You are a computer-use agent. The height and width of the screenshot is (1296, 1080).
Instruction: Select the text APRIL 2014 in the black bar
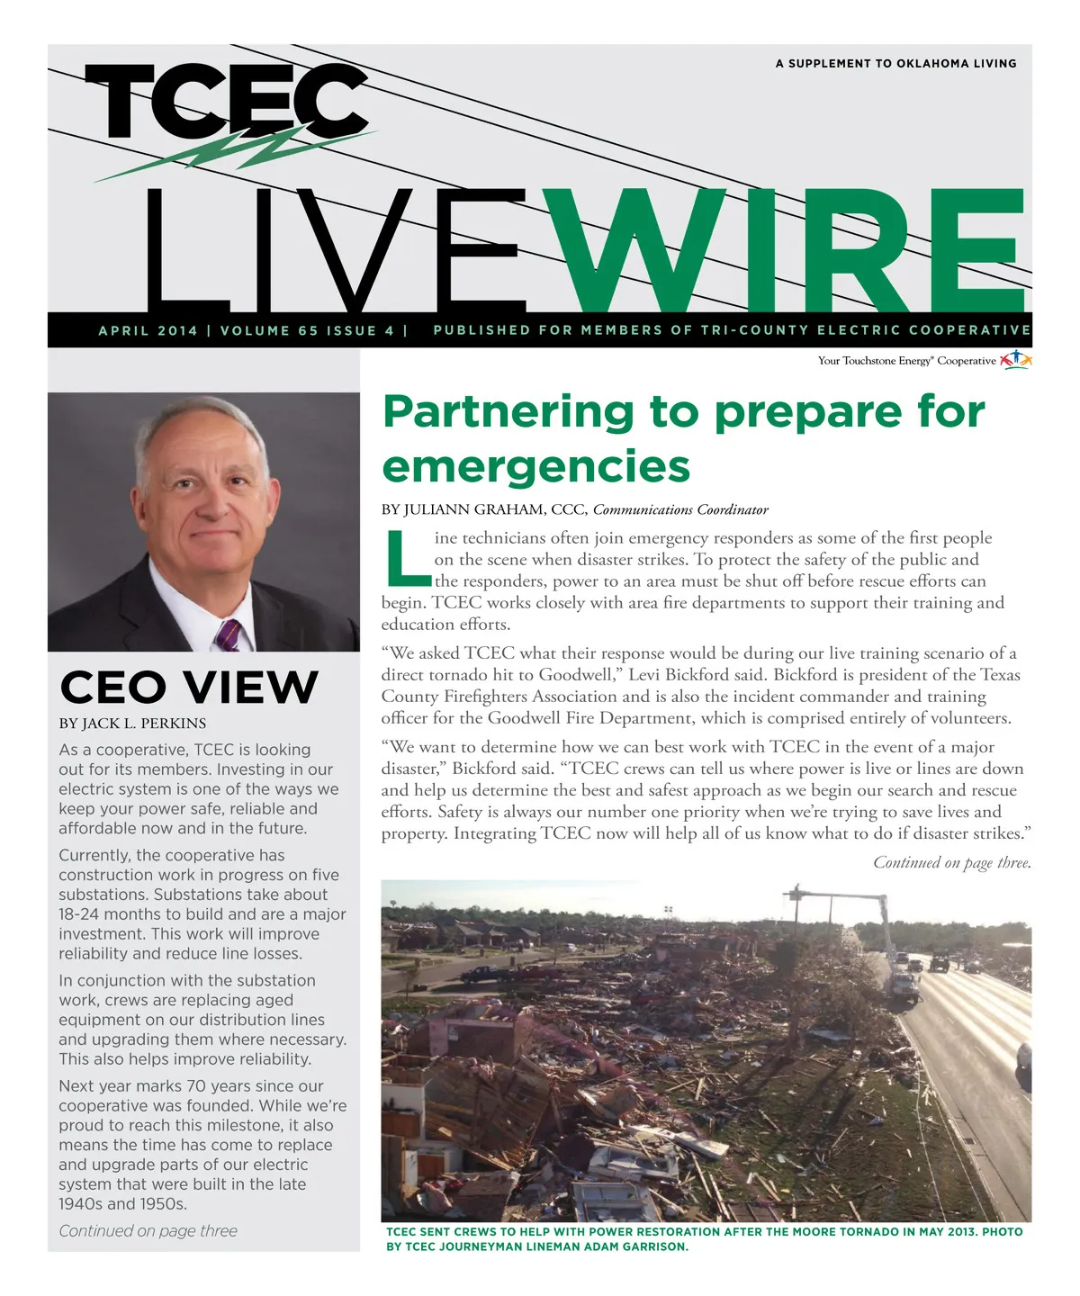[x=148, y=330]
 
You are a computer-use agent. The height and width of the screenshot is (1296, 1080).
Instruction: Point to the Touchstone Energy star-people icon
[x=1015, y=360]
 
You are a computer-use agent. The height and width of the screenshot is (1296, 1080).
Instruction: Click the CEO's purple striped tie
[x=227, y=634]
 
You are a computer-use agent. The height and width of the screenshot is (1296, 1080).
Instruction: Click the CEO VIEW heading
[x=189, y=688]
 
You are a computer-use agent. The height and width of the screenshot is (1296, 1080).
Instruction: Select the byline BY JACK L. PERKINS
[x=132, y=724]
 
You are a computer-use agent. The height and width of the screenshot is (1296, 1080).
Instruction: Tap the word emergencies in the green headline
[x=535, y=466]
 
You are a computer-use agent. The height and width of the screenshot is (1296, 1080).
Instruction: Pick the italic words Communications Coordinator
[x=680, y=510]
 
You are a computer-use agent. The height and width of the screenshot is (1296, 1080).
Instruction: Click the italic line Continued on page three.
[x=951, y=862]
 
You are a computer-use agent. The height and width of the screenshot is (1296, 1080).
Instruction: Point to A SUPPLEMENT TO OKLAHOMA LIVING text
[x=895, y=64]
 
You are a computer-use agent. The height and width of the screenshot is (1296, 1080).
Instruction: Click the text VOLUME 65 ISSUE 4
[x=307, y=330]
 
